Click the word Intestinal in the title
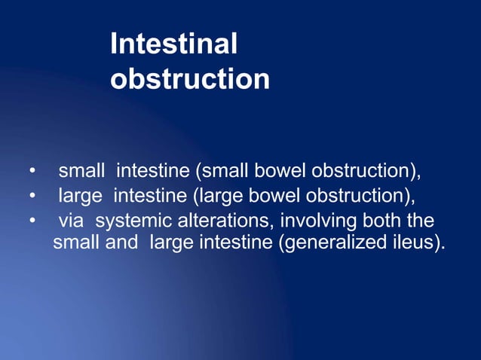[x=173, y=44]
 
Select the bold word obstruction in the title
[x=189, y=79]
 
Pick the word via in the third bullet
[x=70, y=222]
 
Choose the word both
[x=364, y=222]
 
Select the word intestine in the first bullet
[x=153, y=172]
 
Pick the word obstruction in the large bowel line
[x=359, y=197]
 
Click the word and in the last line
[x=125, y=245]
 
